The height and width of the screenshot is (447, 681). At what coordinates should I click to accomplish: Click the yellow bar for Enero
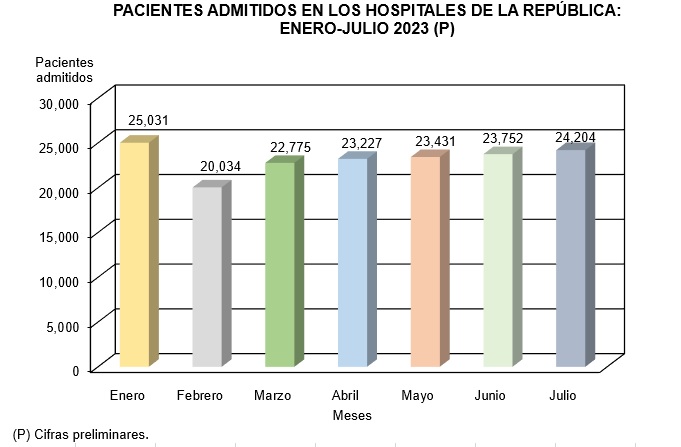[x=134, y=255]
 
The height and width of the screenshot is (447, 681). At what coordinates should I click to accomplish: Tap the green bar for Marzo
[x=279, y=264]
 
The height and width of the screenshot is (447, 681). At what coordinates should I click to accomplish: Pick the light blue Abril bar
[x=352, y=263]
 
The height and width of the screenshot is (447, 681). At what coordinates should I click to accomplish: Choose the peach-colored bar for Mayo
[x=425, y=262]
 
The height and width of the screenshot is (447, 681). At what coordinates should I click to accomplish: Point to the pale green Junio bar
[x=498, y=260]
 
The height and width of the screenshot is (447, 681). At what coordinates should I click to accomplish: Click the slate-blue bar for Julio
[x=570, y=258]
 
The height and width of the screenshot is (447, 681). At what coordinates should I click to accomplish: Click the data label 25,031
[x=148, y=121]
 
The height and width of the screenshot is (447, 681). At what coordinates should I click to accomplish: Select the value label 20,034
[x=220, y=164]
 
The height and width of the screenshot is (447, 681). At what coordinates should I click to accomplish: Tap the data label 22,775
[x=291, y=147]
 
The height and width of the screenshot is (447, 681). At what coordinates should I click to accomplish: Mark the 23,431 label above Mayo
[x=435, y=142]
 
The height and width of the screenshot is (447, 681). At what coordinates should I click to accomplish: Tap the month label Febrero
[x=199, y=396]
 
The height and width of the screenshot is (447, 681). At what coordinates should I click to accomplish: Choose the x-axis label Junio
[x=490, y=396]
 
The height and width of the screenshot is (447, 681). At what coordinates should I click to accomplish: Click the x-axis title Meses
[x=352, y=415]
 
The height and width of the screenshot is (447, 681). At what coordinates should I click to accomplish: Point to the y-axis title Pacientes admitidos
[x=64, y=69]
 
